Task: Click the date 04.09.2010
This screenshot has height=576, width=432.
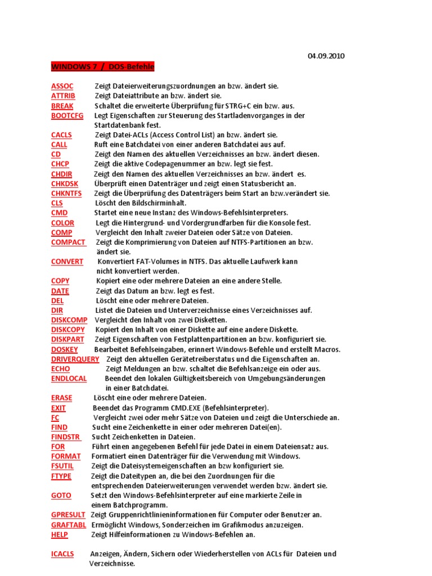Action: pos(326,56)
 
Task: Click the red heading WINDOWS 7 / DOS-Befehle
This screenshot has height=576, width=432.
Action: pos(102,67)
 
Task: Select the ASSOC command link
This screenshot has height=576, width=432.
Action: pos(62,86)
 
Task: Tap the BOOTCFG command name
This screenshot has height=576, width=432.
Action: pos(67,115)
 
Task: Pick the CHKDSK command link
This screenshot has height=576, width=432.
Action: pos(65,183)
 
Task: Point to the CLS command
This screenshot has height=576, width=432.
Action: pos(57,202)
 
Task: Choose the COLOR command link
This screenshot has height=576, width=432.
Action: pos(62,223)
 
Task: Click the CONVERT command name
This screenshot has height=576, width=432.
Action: pos(67,262)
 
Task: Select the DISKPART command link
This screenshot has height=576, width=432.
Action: pos(67,339)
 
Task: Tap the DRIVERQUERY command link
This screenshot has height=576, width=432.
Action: pos(75,359)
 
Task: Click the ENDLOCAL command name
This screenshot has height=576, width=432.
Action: pos(69,379)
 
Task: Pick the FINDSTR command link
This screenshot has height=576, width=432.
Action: pos(65,436)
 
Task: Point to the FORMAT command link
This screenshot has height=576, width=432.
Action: pos(65,456)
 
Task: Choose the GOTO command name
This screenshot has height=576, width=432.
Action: pos(61,495)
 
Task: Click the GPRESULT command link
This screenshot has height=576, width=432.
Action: pos(68,515)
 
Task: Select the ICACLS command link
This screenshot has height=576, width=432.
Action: pos(62,554)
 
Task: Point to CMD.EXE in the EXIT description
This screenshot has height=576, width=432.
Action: pos(177,408)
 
